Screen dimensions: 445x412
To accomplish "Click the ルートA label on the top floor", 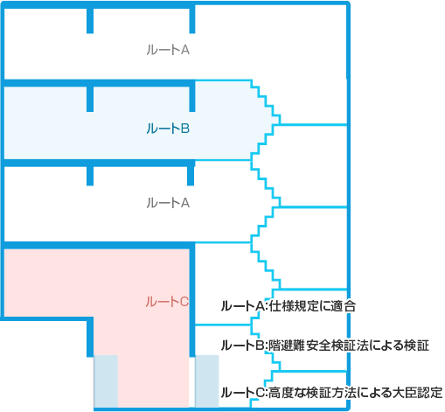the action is pos(168,50).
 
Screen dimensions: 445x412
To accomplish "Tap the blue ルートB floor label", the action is pos(168,129).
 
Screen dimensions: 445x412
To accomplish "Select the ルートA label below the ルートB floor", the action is pos(168,203).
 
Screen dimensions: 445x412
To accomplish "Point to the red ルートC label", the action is pos(167,302).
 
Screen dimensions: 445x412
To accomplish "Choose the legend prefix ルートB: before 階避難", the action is pos(244,346).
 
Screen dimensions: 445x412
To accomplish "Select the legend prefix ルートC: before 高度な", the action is pos(244,393).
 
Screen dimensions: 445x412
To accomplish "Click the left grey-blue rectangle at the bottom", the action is pos(106,381).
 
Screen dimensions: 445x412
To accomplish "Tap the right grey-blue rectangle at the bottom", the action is pos(206,381).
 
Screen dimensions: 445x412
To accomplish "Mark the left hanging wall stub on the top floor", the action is pos(90,20).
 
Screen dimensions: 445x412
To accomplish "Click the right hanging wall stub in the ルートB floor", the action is pos(191,99).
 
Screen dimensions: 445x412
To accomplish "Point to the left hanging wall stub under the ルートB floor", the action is pos(90,176).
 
